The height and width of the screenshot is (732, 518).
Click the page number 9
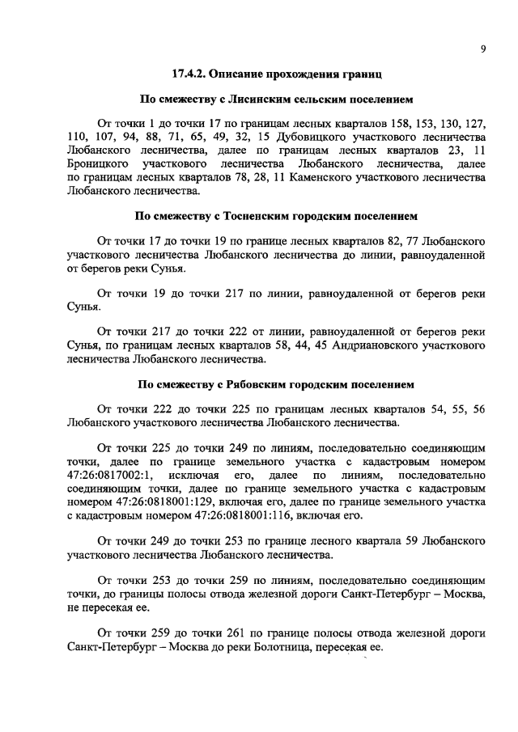point(482,49)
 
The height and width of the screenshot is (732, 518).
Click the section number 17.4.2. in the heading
point(189,74)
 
